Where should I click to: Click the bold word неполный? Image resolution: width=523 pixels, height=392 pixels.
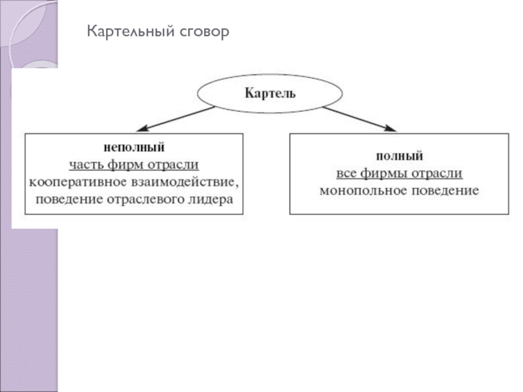pyautogui.click(x=134, y=148)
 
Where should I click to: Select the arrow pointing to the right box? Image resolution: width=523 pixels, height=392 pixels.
pyautogui.click(x=360, y=118)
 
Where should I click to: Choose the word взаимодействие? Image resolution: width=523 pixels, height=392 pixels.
pyautogui.click(x=181, y=181)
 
